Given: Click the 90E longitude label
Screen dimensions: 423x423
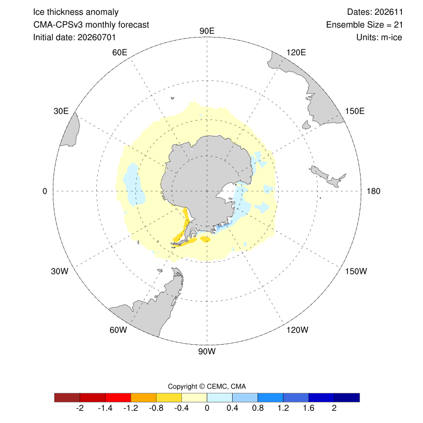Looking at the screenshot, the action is click(207, 31).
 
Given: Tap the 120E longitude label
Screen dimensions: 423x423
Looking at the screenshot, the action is click(296, 52).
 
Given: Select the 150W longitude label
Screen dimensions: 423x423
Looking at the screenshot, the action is click(356, 271).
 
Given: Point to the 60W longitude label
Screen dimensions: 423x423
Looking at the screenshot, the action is click(118, 330).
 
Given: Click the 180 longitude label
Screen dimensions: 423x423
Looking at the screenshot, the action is click(373, 191).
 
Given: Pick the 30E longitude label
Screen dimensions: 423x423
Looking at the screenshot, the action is click(61, 111).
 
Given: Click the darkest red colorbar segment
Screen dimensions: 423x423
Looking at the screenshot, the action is click(67, 398).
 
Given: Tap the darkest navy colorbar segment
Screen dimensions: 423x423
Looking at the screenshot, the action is click(347, 398).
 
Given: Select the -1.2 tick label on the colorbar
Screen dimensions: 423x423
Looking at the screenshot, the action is click(131, 408).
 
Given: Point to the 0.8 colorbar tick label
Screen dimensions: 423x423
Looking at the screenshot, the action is click(258, 408).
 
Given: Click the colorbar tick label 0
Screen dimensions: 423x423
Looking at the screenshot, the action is click(207, 408).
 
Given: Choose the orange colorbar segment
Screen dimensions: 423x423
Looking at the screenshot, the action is click(143, 398).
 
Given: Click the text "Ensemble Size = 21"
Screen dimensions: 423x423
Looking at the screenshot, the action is click(364, 25).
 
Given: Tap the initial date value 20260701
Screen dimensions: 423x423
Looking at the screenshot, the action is click(97, 37).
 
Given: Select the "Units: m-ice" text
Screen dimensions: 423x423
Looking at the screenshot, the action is click(379, 37).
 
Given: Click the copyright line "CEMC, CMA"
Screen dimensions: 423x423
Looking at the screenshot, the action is click(226, 387).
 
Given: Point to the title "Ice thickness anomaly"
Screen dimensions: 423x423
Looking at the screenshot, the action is click(76, 12).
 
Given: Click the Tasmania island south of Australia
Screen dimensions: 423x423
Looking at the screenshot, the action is click(307, 125).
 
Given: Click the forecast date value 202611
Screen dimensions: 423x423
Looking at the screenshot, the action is click(389, 12).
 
